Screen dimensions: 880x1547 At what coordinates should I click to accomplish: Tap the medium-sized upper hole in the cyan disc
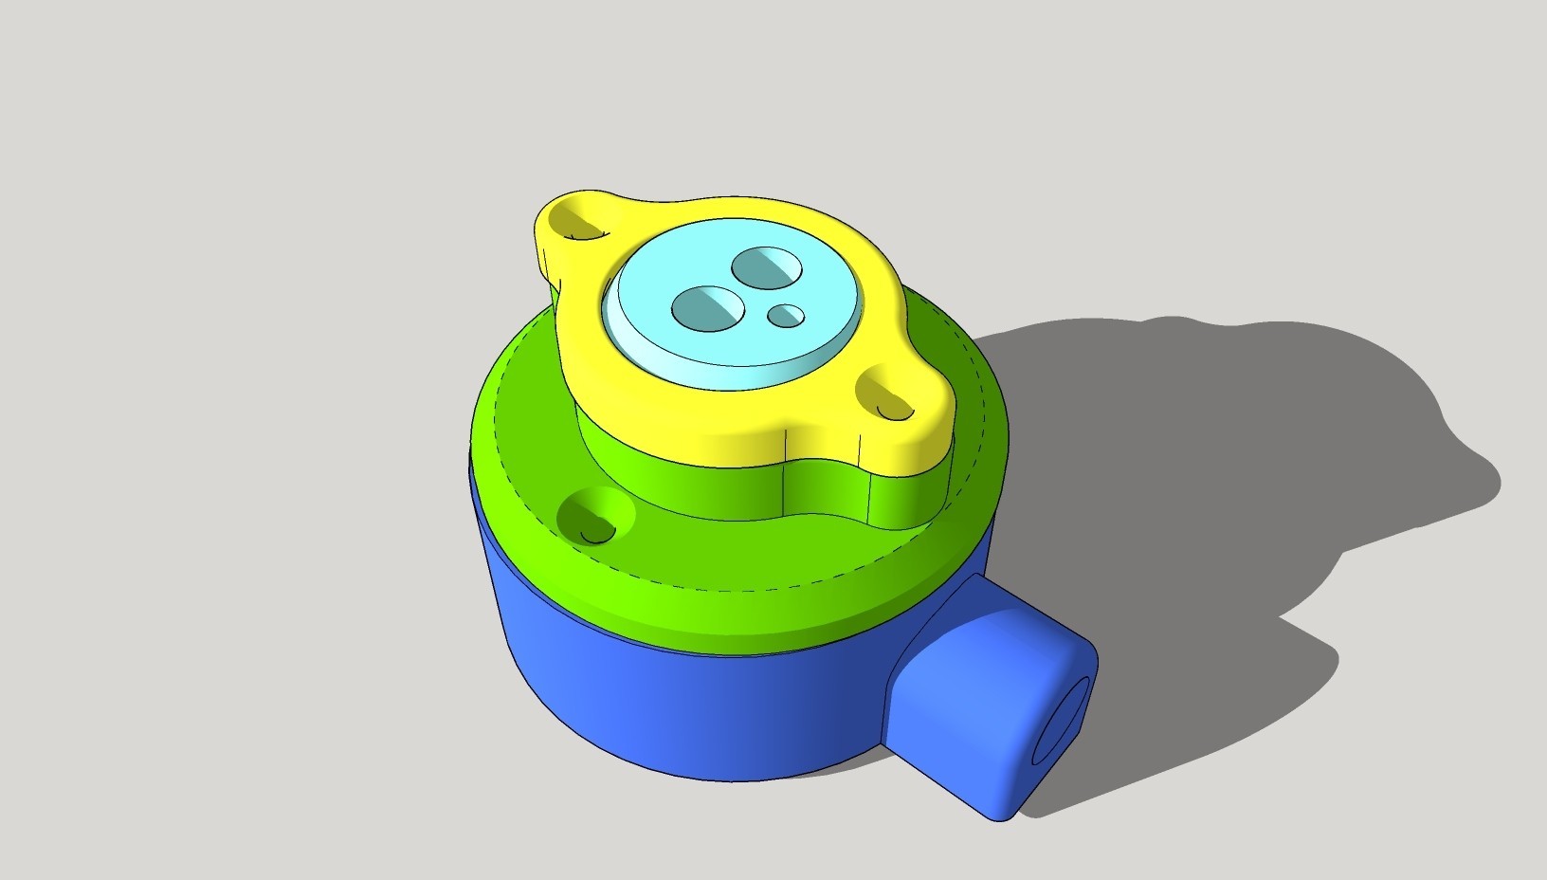(x=767, y=266)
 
